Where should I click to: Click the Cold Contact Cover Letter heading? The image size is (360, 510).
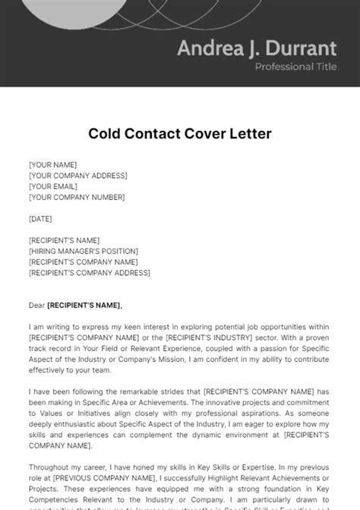tap(180, 134)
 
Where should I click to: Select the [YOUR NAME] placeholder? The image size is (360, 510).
tap(52, 164)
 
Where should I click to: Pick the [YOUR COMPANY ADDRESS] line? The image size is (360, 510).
tap(77, 176)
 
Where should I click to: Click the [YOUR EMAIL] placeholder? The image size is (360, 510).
tap(54, 186)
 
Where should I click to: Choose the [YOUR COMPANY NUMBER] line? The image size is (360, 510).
tap(76, 197)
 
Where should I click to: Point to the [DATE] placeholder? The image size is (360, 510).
tap(41, 218)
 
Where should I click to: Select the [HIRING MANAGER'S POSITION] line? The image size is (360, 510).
tap(84, 251)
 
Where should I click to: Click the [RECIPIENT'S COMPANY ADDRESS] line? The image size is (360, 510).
tap(89, 272)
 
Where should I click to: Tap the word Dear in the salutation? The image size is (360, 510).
tap(36, 305)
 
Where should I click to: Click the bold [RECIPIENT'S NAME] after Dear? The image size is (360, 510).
tap(84, 305)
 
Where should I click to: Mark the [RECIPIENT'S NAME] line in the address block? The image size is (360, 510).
tap(63, 240)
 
